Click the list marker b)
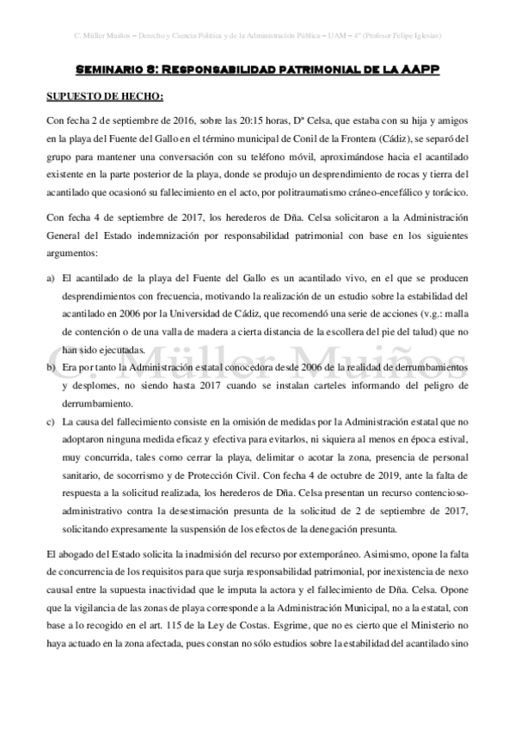(x=50, y=367)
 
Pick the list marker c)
(x=50, y=421)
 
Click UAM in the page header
(x=325, y=37)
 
